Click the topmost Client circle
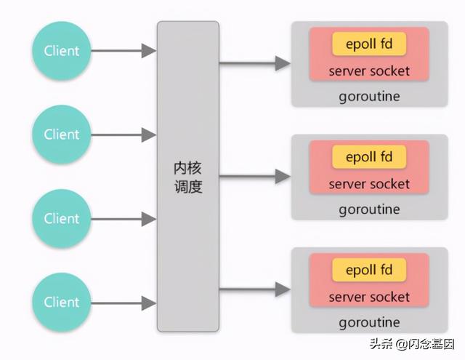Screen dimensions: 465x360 point(61,51)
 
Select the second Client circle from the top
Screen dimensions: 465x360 point(61,135)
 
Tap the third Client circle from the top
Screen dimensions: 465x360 point(61,219)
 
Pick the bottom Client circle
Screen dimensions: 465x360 point(61,303)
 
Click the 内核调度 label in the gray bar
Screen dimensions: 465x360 point(188,177)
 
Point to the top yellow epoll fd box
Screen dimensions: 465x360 point(369,44)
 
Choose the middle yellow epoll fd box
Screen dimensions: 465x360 point(369,157)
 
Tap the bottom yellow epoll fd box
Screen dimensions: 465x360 point(369,270)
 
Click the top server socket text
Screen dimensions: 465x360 point(369,71)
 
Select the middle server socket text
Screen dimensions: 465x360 point(369,184)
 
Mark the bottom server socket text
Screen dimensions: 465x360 point(369,297)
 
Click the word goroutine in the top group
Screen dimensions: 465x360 point(369,97)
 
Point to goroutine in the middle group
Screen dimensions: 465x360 point(369,210)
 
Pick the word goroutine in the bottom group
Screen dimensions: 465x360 point(369,323)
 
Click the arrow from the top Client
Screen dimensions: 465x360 point(124,51)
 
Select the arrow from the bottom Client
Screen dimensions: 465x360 point(124,303)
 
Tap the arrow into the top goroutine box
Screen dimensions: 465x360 point(255,63)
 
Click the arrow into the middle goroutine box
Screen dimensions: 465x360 point(255,177)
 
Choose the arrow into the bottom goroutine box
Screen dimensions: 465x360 point(255,289)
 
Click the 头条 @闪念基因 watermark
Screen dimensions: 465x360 point(412,344)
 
